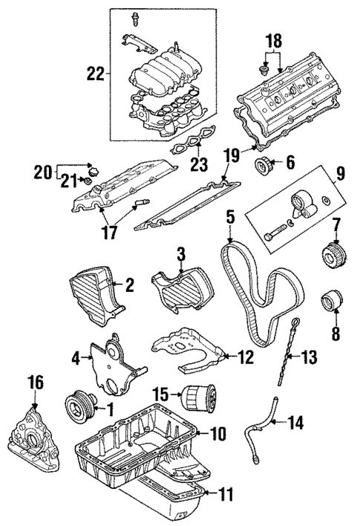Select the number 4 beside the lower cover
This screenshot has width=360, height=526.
point(76,359)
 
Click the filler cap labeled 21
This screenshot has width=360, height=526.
point(88,181)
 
